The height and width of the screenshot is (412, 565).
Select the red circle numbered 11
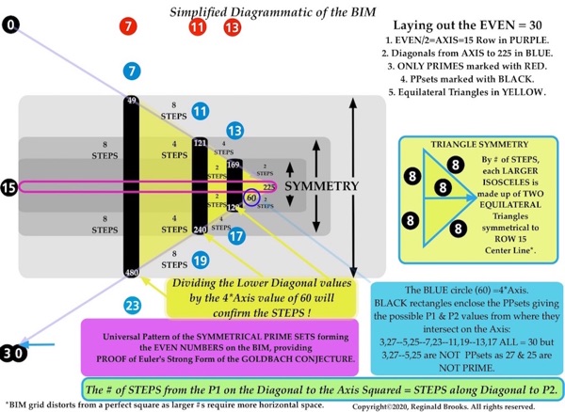click(198, 26)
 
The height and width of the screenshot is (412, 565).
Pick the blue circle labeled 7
click(132, 71)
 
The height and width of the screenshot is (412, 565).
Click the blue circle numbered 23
click(132, 306)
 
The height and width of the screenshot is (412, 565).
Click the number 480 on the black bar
click(132, 273)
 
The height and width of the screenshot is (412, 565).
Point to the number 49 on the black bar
click(132, 101)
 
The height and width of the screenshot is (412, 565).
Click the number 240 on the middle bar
click(200, 229)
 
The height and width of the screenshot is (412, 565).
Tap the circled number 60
click(251, 198)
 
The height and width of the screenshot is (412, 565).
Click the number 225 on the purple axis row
click(269, 187)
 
